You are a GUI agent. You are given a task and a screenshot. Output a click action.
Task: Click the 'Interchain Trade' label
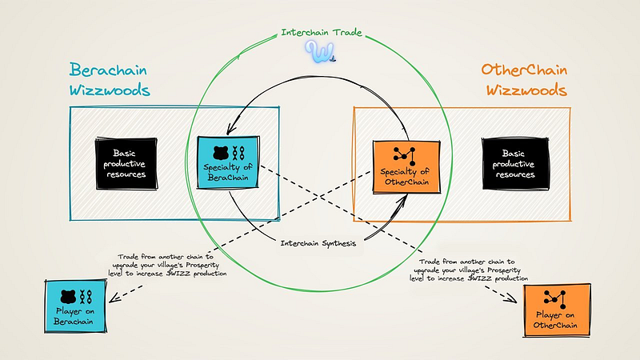pyautogui.click(x=322, y=32)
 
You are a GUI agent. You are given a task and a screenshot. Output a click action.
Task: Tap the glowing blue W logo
pyautogui.click(x=320, y=52)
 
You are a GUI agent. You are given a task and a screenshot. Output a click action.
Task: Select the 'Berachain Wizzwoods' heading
pyautogui.click(x=110, y=79)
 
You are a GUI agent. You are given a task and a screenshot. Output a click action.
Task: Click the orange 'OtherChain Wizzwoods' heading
pyautogui.click(x=525, y=79)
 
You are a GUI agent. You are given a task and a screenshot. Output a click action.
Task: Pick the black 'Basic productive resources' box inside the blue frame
pyautogui.click(x=126, y=164)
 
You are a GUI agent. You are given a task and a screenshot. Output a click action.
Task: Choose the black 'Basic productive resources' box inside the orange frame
pyautogui.click(x=515, y=164)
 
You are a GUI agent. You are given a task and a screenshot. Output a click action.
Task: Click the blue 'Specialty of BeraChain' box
pyautogui.click(x=228, y=162)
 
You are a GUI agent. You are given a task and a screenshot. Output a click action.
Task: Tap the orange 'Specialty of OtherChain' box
pyautogui.click(x=406, y=166)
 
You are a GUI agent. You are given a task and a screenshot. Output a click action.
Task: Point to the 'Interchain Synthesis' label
pyautogui.click(x=318, y=244)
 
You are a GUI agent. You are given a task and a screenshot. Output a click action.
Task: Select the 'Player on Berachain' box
pyautogui.click(x=75, y=306)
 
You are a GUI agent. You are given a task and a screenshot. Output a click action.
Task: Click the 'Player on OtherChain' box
pyautogui.click(x=557, y=310)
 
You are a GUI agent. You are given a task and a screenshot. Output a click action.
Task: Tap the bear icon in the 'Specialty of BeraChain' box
pyautogui.click(x=221, y=153)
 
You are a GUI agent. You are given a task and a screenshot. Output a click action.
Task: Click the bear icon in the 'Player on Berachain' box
pyautogui.click(x=68, y=297)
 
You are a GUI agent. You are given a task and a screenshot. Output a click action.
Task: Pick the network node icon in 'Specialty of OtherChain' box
pyautogui.click(x=405, y=156)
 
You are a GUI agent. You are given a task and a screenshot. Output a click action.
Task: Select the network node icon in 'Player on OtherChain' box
pyautogui.click(x=554, y=299)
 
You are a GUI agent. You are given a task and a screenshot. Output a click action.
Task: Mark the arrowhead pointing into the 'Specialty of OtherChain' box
pyautogui.click(x=403, y=200)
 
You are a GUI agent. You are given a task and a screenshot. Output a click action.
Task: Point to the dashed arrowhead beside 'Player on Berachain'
pyautogui.click(x=114, y=298)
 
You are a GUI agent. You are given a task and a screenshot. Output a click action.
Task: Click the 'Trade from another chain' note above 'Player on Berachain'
pyautogui.click(x=167, y=266)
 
